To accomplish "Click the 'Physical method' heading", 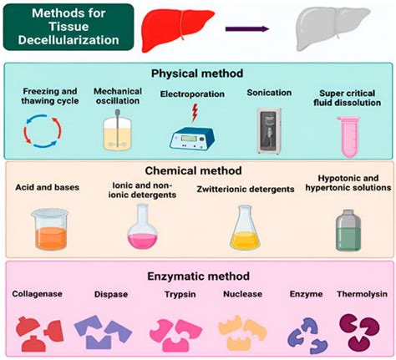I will (x=198, y=73).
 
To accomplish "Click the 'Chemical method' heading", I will (x=198, y=170).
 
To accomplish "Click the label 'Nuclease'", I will (x=241, y=294).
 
